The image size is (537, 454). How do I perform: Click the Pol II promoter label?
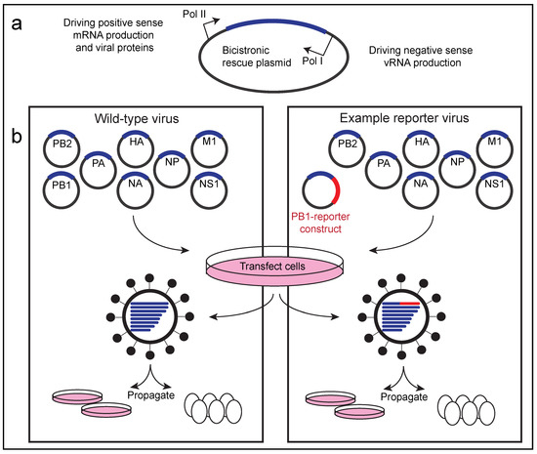[x=194, y=15]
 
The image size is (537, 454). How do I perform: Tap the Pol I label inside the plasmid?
[x=312, y=61]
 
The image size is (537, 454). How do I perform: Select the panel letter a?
[x=17, y=24]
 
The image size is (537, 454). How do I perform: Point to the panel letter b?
[x=17, y=136]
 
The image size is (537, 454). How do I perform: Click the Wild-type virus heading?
[x=137, y=119]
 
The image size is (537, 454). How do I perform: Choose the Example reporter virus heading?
[x=404, y=118]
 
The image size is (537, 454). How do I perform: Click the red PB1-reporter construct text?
[x=320, y=223]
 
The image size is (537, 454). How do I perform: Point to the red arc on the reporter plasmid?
[x=338, y=188]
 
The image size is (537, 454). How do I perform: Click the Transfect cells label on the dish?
[x=272, y=266]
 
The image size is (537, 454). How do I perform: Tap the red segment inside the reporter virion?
[x=410, y=304]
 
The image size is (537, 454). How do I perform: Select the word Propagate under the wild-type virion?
[x=150, y=395]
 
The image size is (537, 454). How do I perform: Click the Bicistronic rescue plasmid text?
[x=257, y=57]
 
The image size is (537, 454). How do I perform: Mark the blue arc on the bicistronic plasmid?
[x=276, y=22]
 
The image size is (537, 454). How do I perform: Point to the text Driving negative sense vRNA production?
[x=421, y=57]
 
